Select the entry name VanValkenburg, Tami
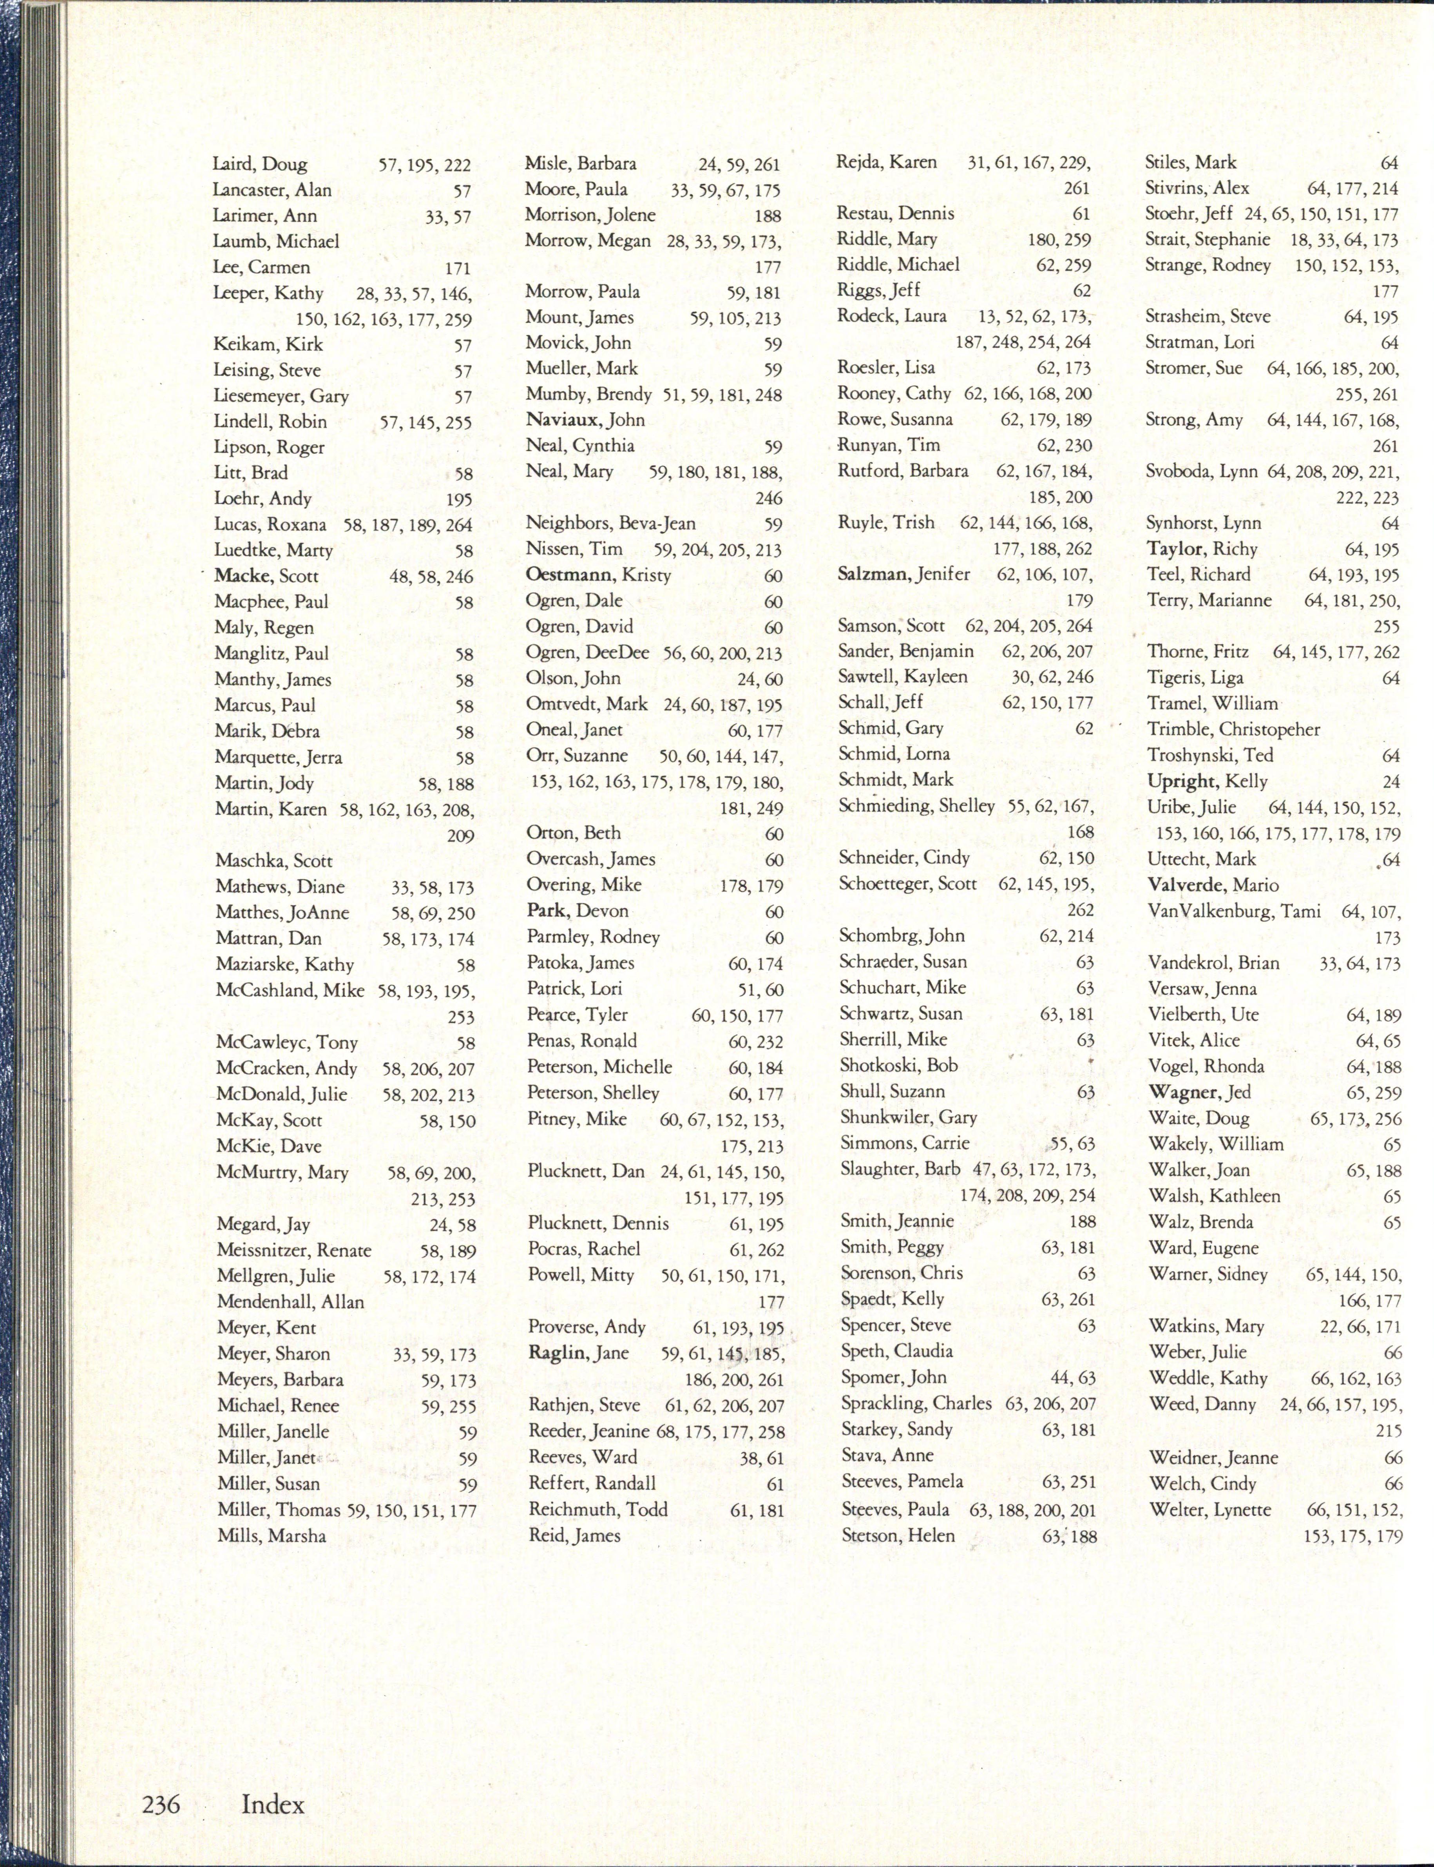(x=1234, y=911)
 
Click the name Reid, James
(x=574, y=1535)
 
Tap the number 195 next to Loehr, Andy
(x=459, y=499)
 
